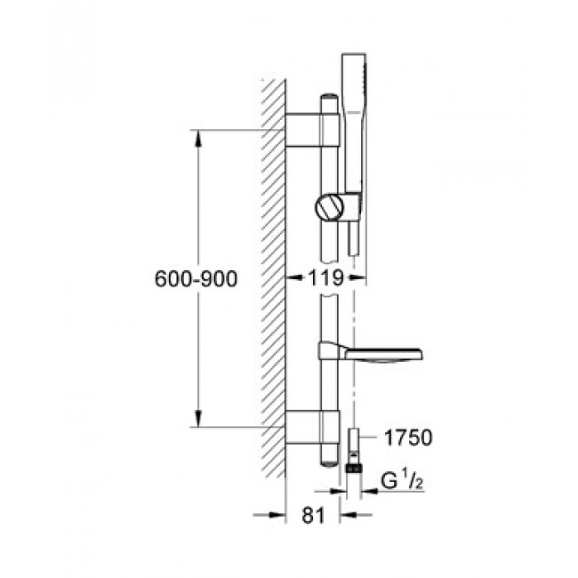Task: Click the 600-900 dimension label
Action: (x=197, y=279)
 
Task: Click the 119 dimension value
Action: (x=325, y=278)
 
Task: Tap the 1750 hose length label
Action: (x=408, y=438)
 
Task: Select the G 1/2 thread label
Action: (x=402, y=481)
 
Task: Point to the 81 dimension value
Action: (x=313, y=515)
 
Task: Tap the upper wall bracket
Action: (x=312, y=130)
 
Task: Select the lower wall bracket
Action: (x=312, y=427)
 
